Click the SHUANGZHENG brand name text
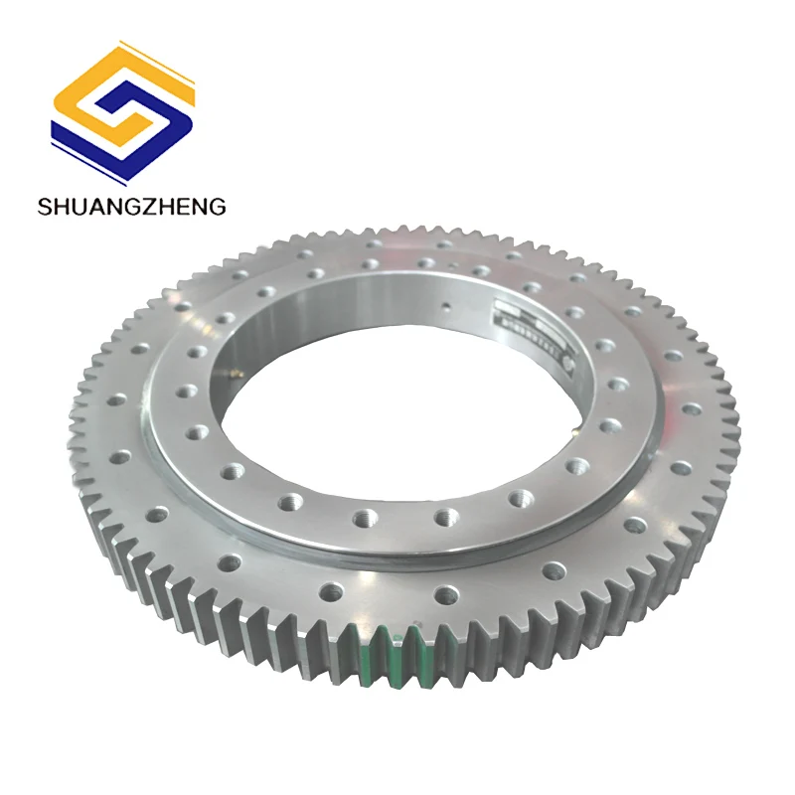pos(131,207)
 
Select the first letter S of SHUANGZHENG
pos(45,207)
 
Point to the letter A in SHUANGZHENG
pos(102,207)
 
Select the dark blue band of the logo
pos(149,139)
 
